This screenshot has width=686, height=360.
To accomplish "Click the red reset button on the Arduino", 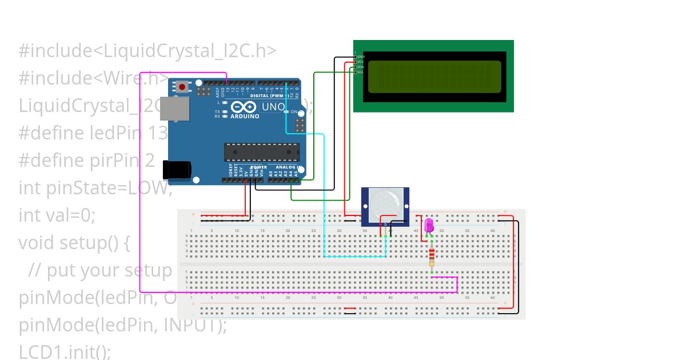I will [x=182, y=87].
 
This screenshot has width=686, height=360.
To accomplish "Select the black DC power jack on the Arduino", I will [x=177, y=170].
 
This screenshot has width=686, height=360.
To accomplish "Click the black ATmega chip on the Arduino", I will [x=261, y=152].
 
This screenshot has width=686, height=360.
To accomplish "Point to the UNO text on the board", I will [x=273, y=107].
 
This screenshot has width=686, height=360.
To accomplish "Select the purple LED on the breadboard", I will [x=429, y=226].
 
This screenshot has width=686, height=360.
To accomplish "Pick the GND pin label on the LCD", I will [x=361, y=57].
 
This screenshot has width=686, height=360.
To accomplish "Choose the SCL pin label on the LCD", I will [x=360, y=72].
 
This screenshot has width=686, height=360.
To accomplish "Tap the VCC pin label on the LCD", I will [x=361, y=62].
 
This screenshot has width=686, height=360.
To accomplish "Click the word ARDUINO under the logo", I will [x=245, y=116].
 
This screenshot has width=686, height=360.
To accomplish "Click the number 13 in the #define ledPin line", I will [x=158, y=133].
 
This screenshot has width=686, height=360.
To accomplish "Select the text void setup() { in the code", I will [x=74, y=243].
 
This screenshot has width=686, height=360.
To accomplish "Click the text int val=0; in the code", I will [x=57, y=215].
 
